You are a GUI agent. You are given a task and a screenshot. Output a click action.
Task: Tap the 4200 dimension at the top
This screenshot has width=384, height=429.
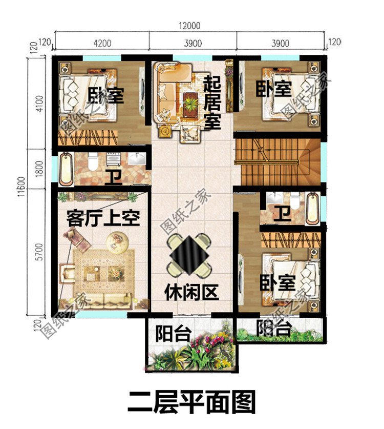tap(102, 43)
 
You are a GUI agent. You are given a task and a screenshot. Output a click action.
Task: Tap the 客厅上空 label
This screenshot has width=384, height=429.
tap(103, 219)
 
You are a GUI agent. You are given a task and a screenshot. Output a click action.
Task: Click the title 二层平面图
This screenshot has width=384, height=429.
tap(191, 401)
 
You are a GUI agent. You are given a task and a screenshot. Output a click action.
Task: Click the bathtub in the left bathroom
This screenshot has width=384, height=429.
tap(66, 168)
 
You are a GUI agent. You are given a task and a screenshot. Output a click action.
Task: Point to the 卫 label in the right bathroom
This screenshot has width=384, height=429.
tap(281, 212)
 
